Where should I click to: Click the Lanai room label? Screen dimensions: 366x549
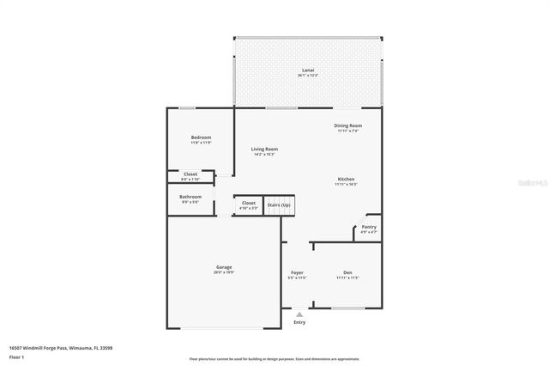point(306,70)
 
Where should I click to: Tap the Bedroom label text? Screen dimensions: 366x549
point(201,137)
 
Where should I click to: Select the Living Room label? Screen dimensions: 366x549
point(264,149)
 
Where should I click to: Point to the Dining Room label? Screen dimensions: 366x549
point(347,125)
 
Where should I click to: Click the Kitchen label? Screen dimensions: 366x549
point(347,179)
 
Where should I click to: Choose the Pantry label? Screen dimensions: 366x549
point(368,227)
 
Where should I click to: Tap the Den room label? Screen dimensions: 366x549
point(347,272)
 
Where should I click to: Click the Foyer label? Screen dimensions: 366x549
point(297,272)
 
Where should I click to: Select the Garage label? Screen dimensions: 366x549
point(224,267)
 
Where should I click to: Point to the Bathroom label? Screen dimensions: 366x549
point(190,197)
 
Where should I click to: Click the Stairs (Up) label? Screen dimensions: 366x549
point(279,204)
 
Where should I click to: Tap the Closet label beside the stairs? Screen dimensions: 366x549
point(248,203)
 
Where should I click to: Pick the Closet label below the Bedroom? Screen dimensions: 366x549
point(190,174)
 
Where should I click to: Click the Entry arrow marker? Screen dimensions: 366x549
point(299,314)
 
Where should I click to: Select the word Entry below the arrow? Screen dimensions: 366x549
point(299,322)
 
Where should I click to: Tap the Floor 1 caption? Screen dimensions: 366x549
point(16,356)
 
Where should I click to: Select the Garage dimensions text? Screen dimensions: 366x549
point(224,272)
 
